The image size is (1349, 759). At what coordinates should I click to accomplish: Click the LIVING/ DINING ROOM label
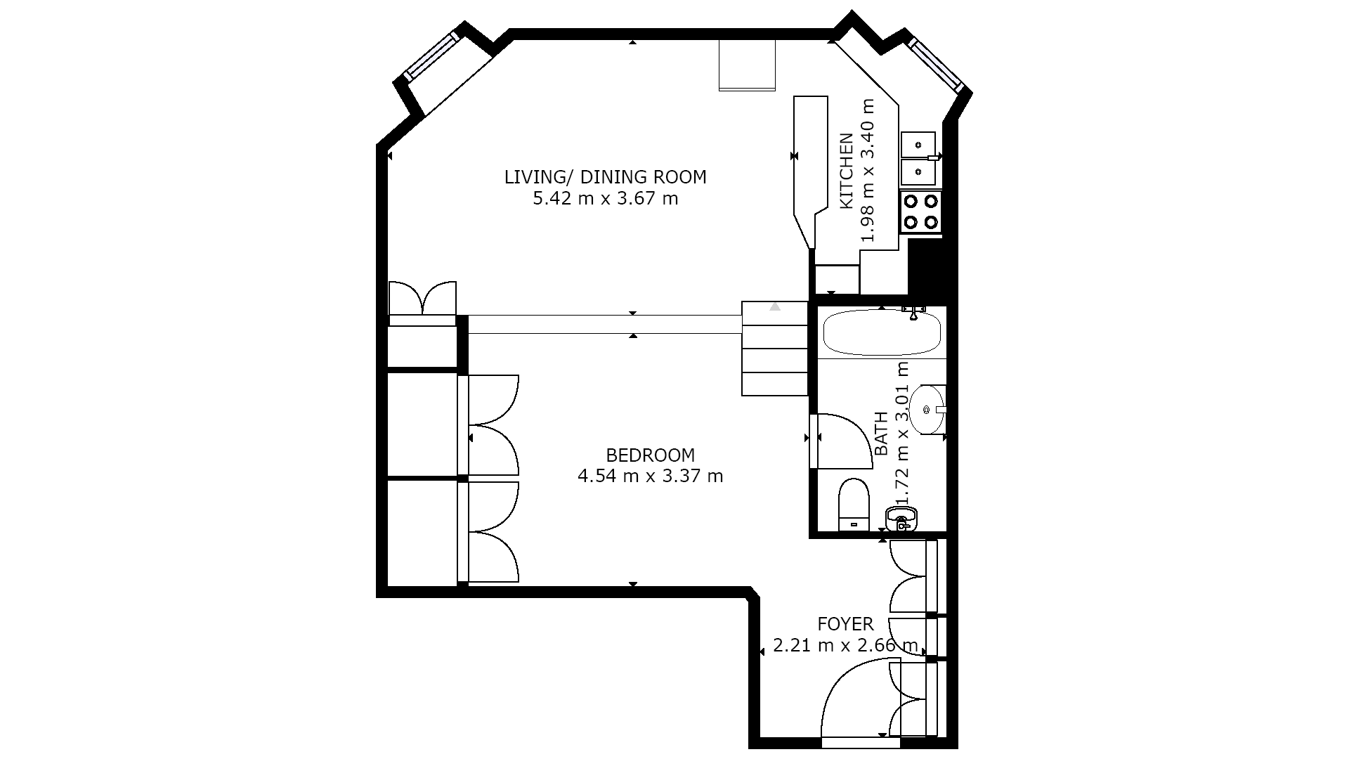coord(605,177)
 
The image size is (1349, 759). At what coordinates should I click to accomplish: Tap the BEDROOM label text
coord(650,455)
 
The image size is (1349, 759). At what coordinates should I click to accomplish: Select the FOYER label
coord(845,624)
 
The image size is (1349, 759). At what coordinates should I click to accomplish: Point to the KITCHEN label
coord(847,171)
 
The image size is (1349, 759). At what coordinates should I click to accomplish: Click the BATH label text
coord(880,434)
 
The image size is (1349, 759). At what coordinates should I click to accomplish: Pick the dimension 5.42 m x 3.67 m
coord(605,199)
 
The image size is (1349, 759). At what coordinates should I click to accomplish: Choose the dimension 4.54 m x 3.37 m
coord(650,476)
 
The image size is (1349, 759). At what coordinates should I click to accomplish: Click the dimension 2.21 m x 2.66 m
coord(845,645)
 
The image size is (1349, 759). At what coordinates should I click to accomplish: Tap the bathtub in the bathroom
coord(882,333)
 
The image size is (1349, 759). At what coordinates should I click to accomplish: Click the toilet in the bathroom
coord(854,505)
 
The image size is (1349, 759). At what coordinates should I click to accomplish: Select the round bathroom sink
coord(927,409)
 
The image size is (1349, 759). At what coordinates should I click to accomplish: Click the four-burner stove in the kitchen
coord(920,212)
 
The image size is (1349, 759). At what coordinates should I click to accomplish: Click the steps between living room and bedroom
coord(774,348)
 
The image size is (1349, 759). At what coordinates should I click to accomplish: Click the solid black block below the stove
coord(925,266)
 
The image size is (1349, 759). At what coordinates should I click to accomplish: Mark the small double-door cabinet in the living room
coord(422,298)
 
